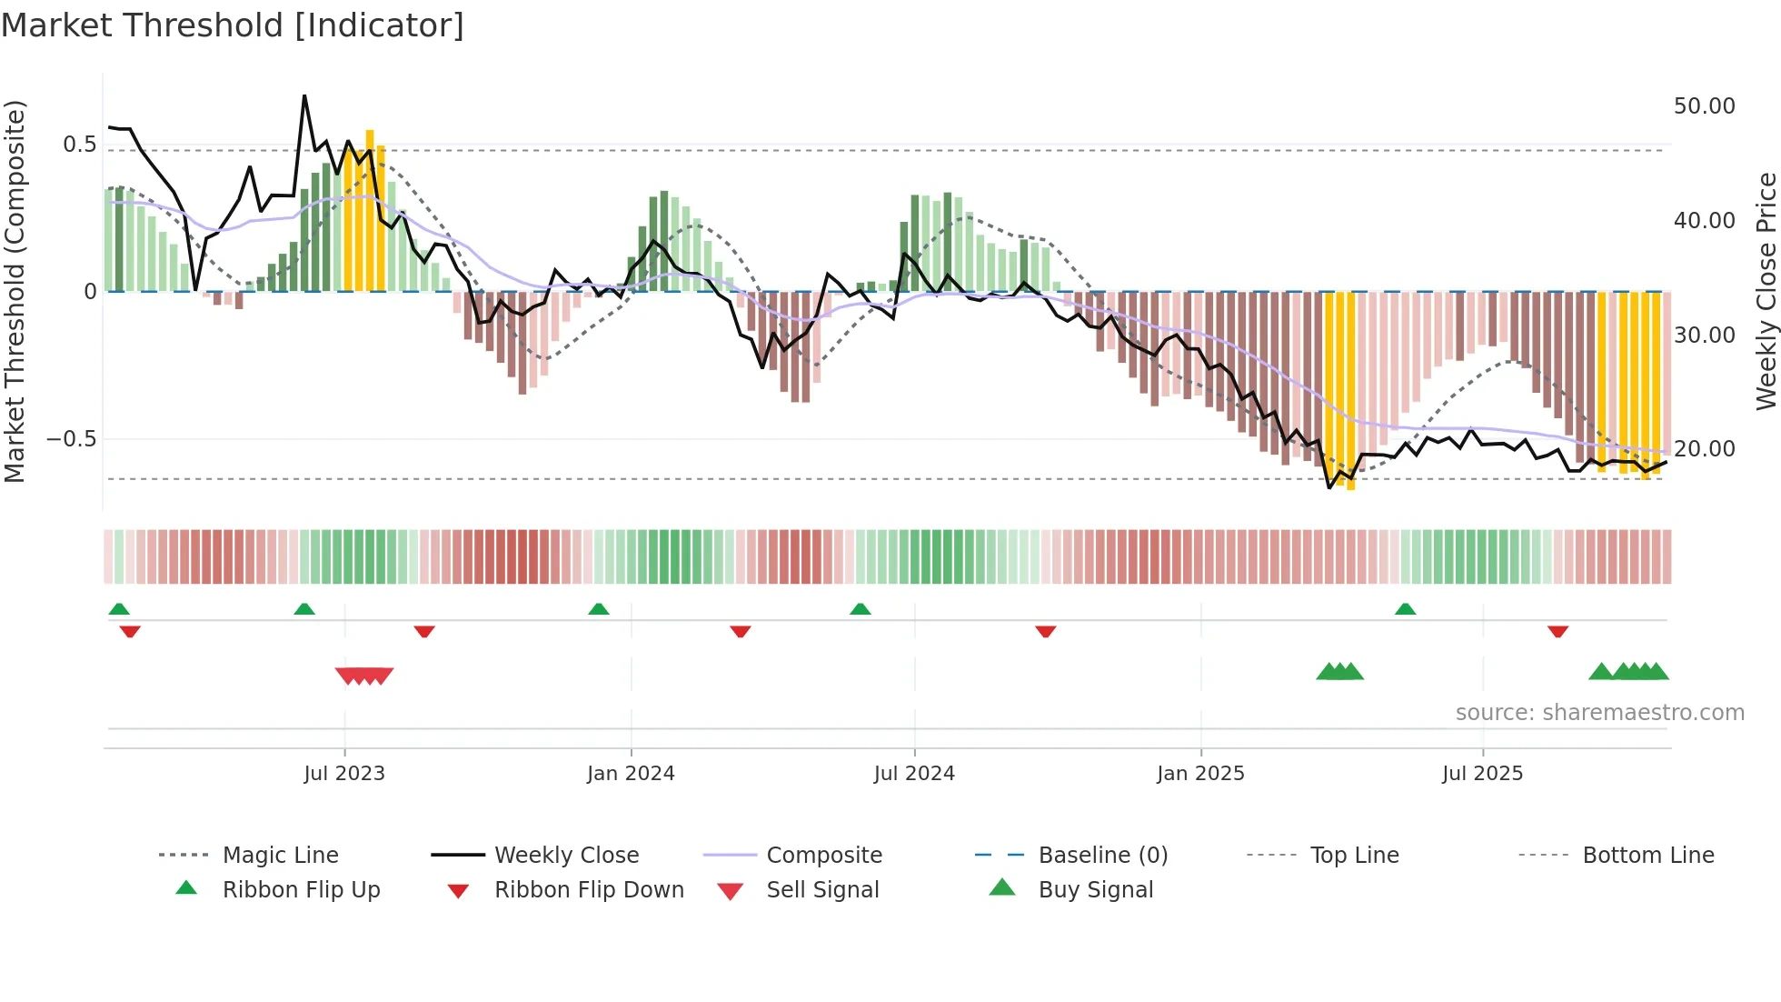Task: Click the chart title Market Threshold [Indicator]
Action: pos(233,25)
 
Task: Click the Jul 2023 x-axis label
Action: pos(344,774)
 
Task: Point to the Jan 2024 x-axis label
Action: pos(631,774)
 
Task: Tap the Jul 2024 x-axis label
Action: pos(914,774)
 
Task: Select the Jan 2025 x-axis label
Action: pos(1200,774)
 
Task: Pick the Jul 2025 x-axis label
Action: pos(1482,774)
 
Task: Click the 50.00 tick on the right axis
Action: pos(1704,106)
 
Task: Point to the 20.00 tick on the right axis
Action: pos(1704,449)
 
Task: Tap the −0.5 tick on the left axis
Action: pos(71,439)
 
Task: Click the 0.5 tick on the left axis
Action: pos(79,145)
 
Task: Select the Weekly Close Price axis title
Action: pos(1766,291)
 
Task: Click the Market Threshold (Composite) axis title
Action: pos(15,291)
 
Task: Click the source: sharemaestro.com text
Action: pos(1599,713)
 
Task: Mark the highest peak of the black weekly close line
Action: pos(304,95)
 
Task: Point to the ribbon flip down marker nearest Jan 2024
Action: pos(740,631)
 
